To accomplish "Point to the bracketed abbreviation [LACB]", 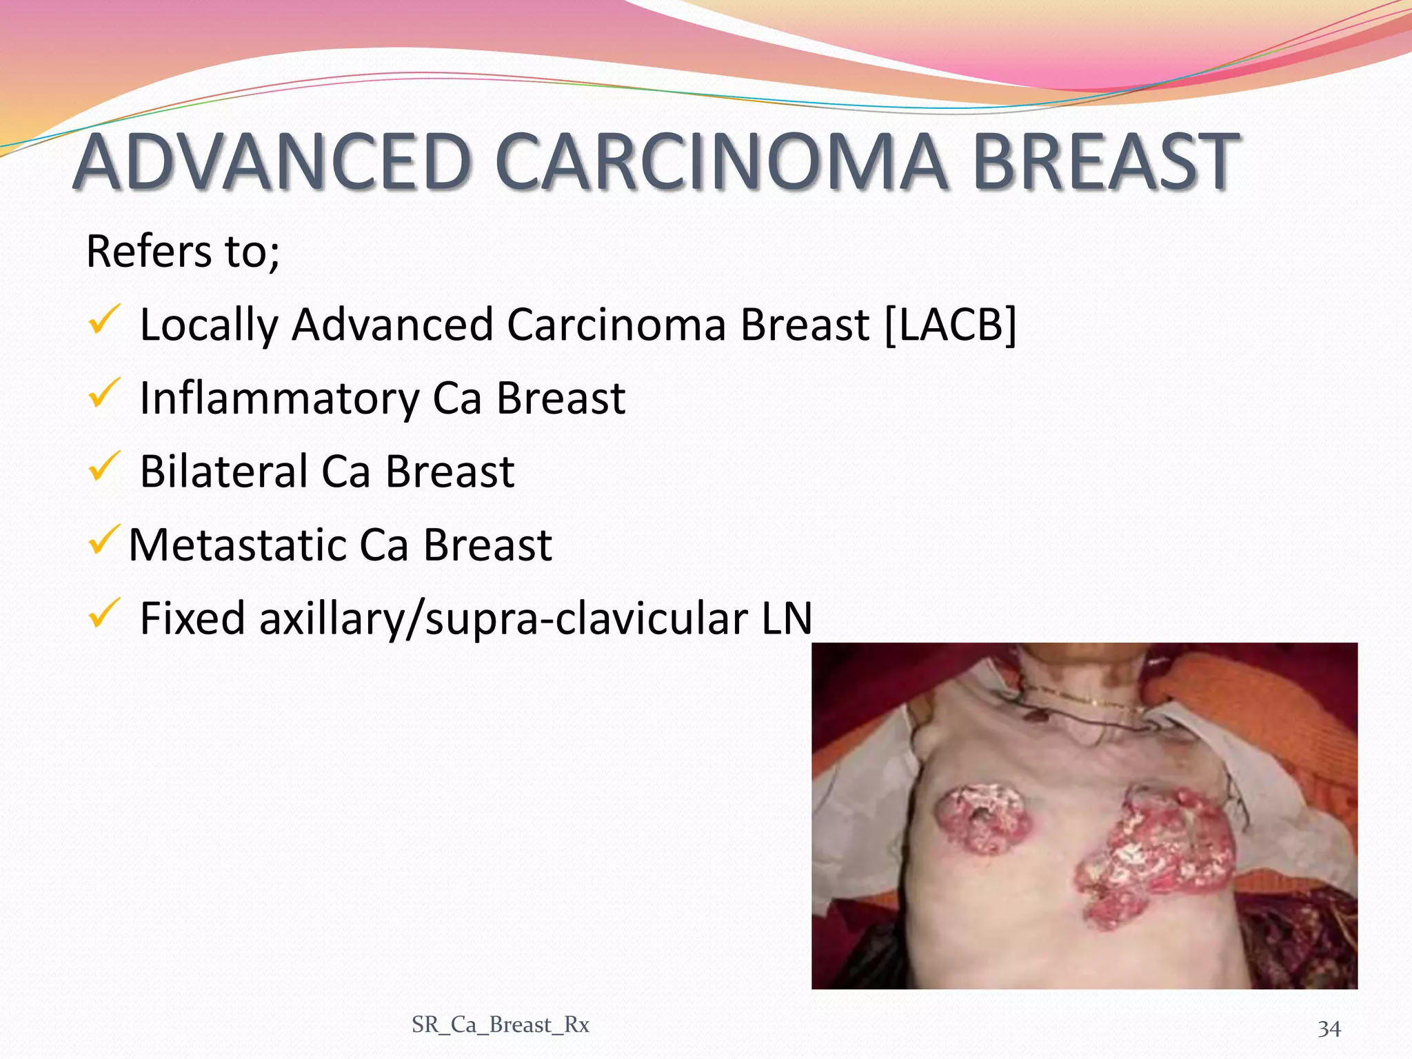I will pos(950,325).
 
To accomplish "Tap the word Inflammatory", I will pos(279,399).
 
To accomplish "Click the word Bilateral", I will pos(223,472).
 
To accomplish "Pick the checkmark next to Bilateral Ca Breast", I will pos(104,467).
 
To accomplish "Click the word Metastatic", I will pos(236,545).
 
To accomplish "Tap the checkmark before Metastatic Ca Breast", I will pos(104,541).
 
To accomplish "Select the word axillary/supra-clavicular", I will pos(503,618).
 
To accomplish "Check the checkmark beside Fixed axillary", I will pos(104,614).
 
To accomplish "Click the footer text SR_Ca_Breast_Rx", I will pos(501,1025).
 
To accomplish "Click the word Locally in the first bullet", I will pos(208,325).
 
